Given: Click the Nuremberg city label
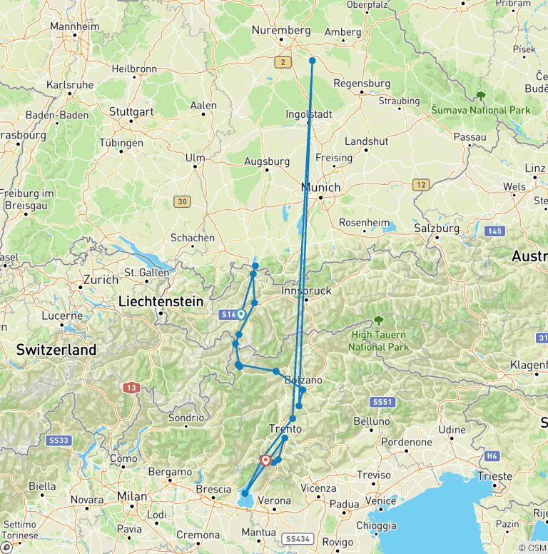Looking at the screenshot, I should [280, 31].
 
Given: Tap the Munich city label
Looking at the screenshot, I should [321, 188].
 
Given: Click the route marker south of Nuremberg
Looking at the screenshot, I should [313, 61].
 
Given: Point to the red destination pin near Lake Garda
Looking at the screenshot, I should [266, 460].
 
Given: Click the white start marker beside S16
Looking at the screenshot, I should [241, 313].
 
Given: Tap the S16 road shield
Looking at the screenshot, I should [228, 313].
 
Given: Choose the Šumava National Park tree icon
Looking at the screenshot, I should [481, 96].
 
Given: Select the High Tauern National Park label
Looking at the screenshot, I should [378, 342].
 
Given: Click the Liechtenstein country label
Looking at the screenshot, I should [161, 302].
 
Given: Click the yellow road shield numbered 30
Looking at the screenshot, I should [182, 202].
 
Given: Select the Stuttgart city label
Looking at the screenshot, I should [132, 112].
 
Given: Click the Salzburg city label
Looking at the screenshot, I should [437, 228].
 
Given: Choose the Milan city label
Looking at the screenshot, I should [133, 496].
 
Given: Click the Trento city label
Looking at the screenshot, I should [285, 429].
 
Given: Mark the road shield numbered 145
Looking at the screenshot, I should [494, 231].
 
